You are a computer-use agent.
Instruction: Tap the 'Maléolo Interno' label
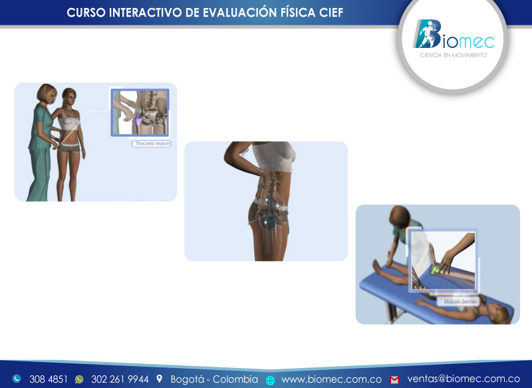(x=458, y=301)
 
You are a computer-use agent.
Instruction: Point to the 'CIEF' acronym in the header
(x=332, y=13)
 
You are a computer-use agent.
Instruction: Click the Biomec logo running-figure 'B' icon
(x=425, y=34)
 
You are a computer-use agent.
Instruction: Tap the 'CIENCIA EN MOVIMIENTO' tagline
(x=454, y=55)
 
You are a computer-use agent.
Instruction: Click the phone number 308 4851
(x=48, y=379)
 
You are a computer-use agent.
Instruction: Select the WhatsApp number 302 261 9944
(x=120, y=379)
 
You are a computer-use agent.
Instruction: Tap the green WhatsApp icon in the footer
(x=79, y=379)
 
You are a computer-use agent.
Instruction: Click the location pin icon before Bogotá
(x=160, y=379)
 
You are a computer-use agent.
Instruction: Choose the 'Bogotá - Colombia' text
(x=214, y=379)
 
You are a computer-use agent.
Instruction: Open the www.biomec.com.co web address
(x=331, y=379)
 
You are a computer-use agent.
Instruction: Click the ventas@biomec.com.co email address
(x=464, y=379)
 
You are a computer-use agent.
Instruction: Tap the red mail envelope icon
(x=394, y=379)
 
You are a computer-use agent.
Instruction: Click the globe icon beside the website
(x=271, y=380)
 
